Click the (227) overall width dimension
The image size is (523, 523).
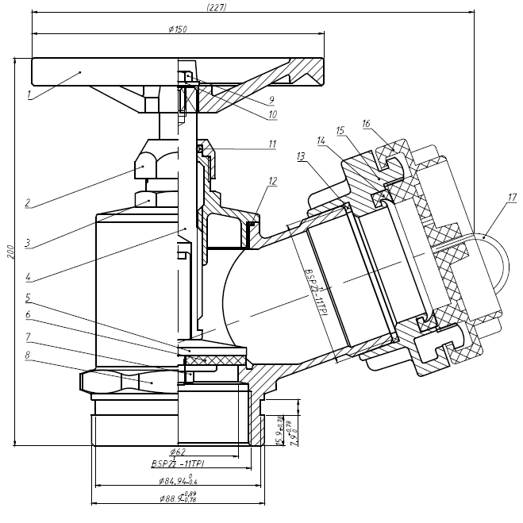click(x=215, y=7)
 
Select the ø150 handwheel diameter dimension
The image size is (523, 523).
click(x=178, y=29)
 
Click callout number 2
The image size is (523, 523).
click(x=28, y=203)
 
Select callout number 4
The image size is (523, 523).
click(x=28, y=278)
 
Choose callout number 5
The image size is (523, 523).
click(x=28, y=299)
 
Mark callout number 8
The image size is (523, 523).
click(x=28, y=356)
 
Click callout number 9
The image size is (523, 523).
click(x=271, y=100)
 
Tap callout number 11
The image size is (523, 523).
click(x=271, y=144)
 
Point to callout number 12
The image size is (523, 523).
click(x=272, y=181)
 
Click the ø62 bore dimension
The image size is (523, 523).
click(x=178, y=452)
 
